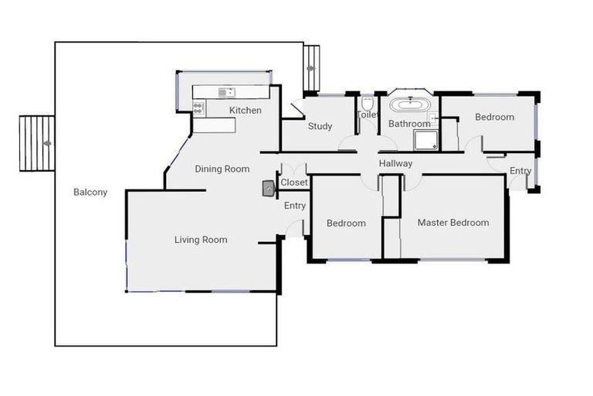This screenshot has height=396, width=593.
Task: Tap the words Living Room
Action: coord(201,240)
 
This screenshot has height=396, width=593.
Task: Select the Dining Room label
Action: coord(222,169)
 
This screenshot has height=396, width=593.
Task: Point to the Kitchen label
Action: coord(245,111)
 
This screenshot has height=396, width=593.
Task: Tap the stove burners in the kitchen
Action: coord(198,109)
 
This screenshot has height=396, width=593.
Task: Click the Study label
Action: coord(320,127)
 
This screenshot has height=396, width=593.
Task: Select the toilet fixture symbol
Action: coord(368,104)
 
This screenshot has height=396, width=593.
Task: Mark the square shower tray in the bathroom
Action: coord(425,139)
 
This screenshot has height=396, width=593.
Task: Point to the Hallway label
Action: coord(395,164)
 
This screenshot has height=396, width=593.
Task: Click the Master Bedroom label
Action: coord(452,223)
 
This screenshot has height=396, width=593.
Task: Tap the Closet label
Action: coord(294,183)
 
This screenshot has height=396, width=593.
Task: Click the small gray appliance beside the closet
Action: coord(269,188)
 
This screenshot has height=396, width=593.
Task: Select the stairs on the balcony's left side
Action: coord(36,143)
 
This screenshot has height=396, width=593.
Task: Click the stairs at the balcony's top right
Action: coord(311,67)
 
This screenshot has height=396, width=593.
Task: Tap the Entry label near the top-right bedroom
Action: coord(520,171)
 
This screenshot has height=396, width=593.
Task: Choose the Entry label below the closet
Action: coord(294,206)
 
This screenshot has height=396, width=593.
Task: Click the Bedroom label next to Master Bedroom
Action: coord(345,224)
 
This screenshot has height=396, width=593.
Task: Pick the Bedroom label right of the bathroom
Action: coord(494,118)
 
